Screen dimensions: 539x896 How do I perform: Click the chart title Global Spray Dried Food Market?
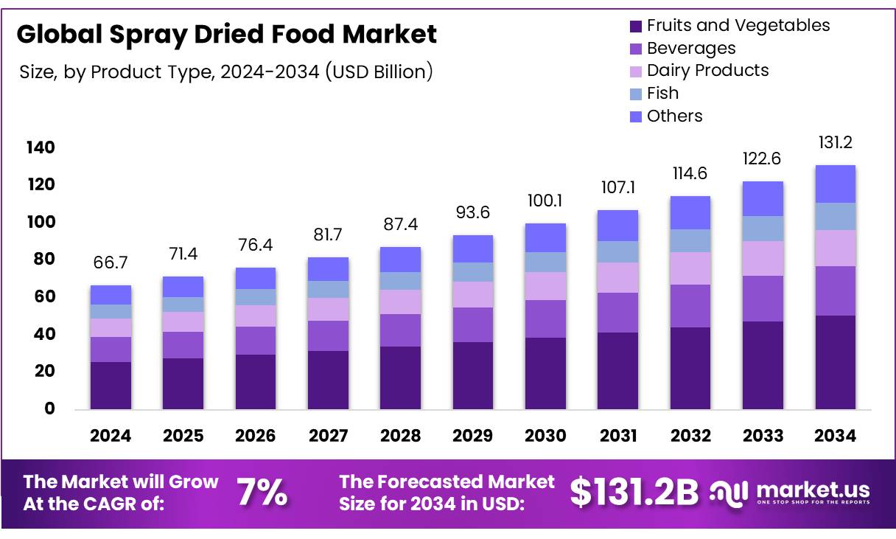tap(226, 35)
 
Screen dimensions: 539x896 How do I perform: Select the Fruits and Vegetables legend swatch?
tap(636, 27)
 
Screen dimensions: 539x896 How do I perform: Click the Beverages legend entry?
tap(690, 49)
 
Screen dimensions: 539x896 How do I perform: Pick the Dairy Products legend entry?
tap(707, 71)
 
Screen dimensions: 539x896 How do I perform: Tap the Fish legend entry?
tap(662, 94)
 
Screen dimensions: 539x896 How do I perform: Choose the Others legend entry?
tap(674, 117)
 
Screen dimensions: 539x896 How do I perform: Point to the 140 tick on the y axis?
tap(41, 148)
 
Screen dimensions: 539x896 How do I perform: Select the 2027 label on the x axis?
tap(328, 436)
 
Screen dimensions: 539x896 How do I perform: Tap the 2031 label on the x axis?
tap(618, 436)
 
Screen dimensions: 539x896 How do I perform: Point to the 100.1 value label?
tap(545, 201)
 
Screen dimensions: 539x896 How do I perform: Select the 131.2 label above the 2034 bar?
tap(836, 143)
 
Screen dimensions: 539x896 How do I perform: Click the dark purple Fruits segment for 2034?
tap(835, 362)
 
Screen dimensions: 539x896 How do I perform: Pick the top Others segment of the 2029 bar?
tap(472, 248)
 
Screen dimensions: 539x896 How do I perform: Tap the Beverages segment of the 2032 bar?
tap(690, 306)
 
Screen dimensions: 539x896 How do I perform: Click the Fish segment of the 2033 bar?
tap(763, 229)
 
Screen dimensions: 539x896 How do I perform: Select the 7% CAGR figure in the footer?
tap(262, 493)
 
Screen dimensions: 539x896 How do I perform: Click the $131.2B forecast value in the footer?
tap(634, 493)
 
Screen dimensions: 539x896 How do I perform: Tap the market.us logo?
tap(790, 492)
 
